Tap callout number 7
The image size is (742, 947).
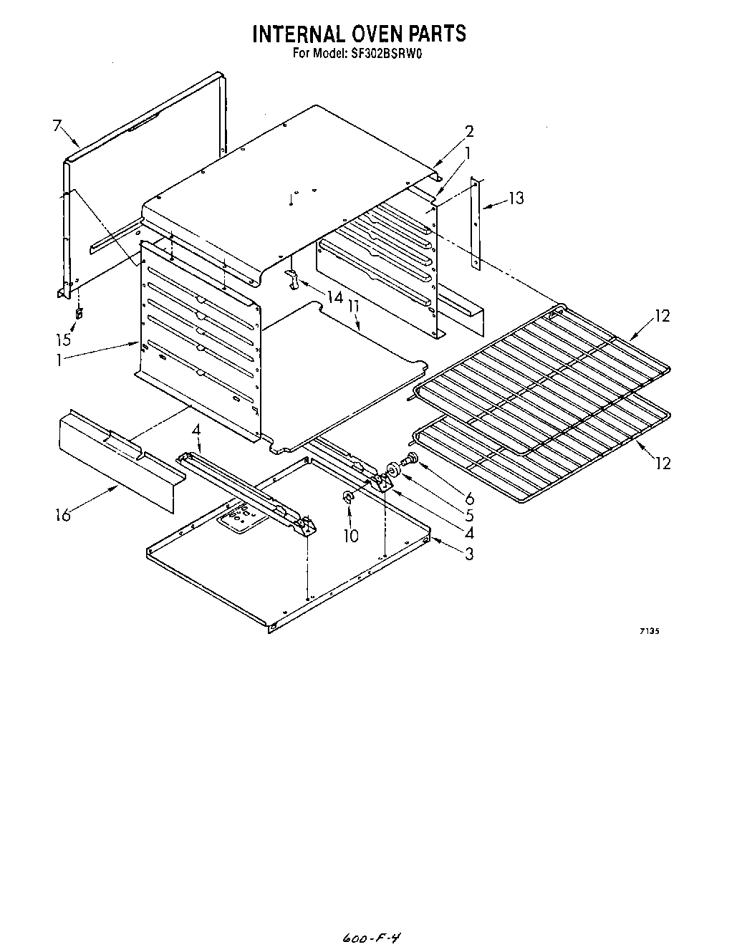[x=57, y=126]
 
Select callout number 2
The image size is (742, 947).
[x=470, y=131]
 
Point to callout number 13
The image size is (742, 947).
[x=515, y=198]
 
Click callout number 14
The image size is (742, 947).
[x=334, y=296]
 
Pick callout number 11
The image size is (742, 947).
[x=353, y=305]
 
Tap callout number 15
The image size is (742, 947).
[x=65, y=339]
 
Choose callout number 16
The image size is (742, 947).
[x=64, y=514]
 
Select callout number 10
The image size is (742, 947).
[x=350, y=535]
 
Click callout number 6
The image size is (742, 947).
[x=470, y=498]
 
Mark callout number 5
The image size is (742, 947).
[x=469, y=515]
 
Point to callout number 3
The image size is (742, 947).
[x=469, y=553]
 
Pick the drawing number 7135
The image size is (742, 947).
[x=649, y=631]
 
